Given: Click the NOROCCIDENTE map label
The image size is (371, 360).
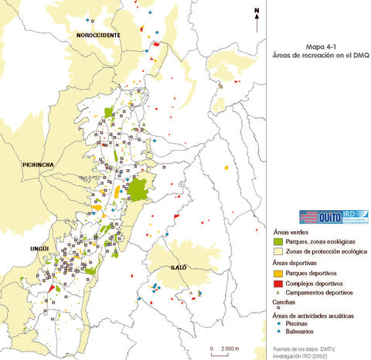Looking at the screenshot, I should click(98, 36).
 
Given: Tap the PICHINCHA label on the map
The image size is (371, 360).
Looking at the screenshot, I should click(38, 165).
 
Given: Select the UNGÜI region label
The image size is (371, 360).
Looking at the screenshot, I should click(39, 226).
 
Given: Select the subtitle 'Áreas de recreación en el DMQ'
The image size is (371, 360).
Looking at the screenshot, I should click(320, 56).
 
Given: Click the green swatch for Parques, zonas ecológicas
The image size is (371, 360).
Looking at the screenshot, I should click(278, 242).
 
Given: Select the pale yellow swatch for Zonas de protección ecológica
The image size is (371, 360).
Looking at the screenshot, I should click(278, 252).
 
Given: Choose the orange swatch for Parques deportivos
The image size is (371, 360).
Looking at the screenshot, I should click(278, 273).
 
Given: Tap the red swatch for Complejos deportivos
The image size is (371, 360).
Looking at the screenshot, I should click(278, 284).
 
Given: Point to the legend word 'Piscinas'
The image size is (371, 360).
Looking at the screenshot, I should click(301, 324).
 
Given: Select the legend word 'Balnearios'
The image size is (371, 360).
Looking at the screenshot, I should click(304, 332).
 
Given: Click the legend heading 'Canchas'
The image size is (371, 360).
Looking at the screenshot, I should click(283, 302).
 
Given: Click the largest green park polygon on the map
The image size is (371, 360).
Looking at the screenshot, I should click(139, 188).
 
